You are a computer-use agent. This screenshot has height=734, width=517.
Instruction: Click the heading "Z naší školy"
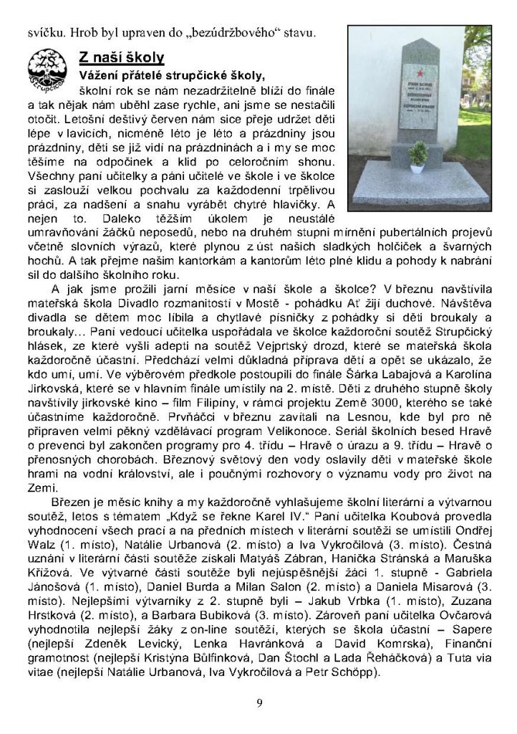pyautogui.click(x=121, y=57)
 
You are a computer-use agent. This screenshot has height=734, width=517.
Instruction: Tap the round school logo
pyautogui.click(x=49, y=71)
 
